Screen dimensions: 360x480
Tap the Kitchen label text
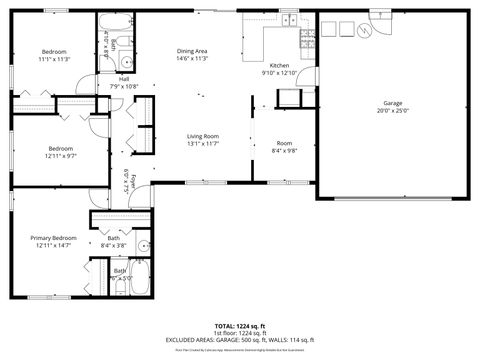[279, 65]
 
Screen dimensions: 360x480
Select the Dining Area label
[192, 50]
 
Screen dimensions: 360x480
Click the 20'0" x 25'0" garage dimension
[392, 110]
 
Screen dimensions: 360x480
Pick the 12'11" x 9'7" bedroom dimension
[60, 155]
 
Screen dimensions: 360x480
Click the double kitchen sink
[288, 20]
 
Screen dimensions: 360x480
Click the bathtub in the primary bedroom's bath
[134, 283]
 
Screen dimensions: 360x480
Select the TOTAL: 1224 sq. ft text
[240, 326]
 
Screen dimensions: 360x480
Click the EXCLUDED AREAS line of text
[240, 340]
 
